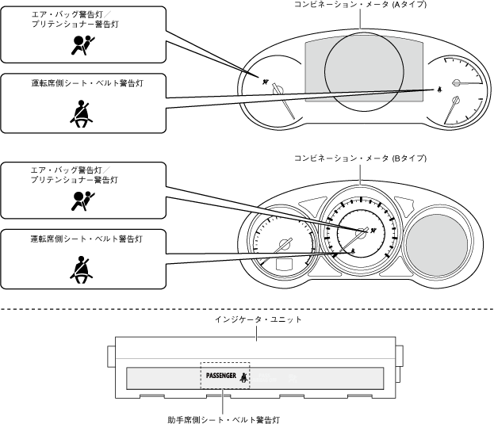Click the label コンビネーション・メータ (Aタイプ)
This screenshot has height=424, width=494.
coord(360,6)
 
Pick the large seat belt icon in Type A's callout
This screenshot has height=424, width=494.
coord(79,115)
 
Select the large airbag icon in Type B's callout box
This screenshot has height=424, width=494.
coord(79,200)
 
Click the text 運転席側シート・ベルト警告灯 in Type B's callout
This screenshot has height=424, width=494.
coord(75,239)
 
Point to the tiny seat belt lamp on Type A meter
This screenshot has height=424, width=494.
coord(438,90)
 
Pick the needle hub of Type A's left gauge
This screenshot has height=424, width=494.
coord(278,91)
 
